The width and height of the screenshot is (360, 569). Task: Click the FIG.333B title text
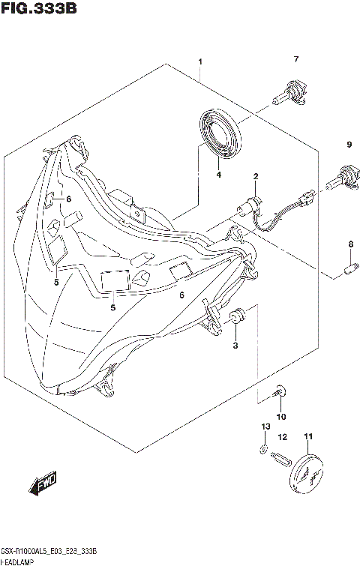39,9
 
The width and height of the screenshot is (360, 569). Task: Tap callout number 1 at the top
200,61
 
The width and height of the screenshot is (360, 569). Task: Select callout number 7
296,59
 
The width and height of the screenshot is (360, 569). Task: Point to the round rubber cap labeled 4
221,133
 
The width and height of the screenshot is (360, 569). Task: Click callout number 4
219,175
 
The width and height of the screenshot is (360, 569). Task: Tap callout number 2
256,177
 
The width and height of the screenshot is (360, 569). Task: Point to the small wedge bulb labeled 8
349,265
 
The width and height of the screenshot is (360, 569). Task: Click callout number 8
349,244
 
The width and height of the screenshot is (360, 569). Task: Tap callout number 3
235,345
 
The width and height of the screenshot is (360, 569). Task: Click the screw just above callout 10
280,391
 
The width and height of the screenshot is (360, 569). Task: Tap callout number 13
263,427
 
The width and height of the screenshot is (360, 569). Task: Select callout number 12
283,436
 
